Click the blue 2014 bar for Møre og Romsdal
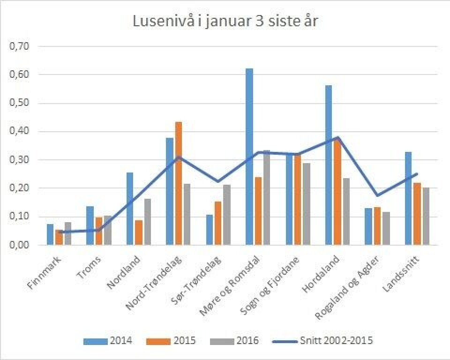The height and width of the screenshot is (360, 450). tap(249, 157)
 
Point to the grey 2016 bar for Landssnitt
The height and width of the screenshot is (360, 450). tap(426, 216)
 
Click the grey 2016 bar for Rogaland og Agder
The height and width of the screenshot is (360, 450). tap(386, 228)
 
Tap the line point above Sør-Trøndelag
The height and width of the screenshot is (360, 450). tap(218, 181)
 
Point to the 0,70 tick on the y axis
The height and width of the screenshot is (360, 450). tap(19, 46)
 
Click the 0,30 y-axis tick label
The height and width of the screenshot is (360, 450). tap(19, 160)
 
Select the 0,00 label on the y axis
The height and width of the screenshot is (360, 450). tap(19, 245)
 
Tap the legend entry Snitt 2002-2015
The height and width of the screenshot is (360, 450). tap(323, 341)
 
